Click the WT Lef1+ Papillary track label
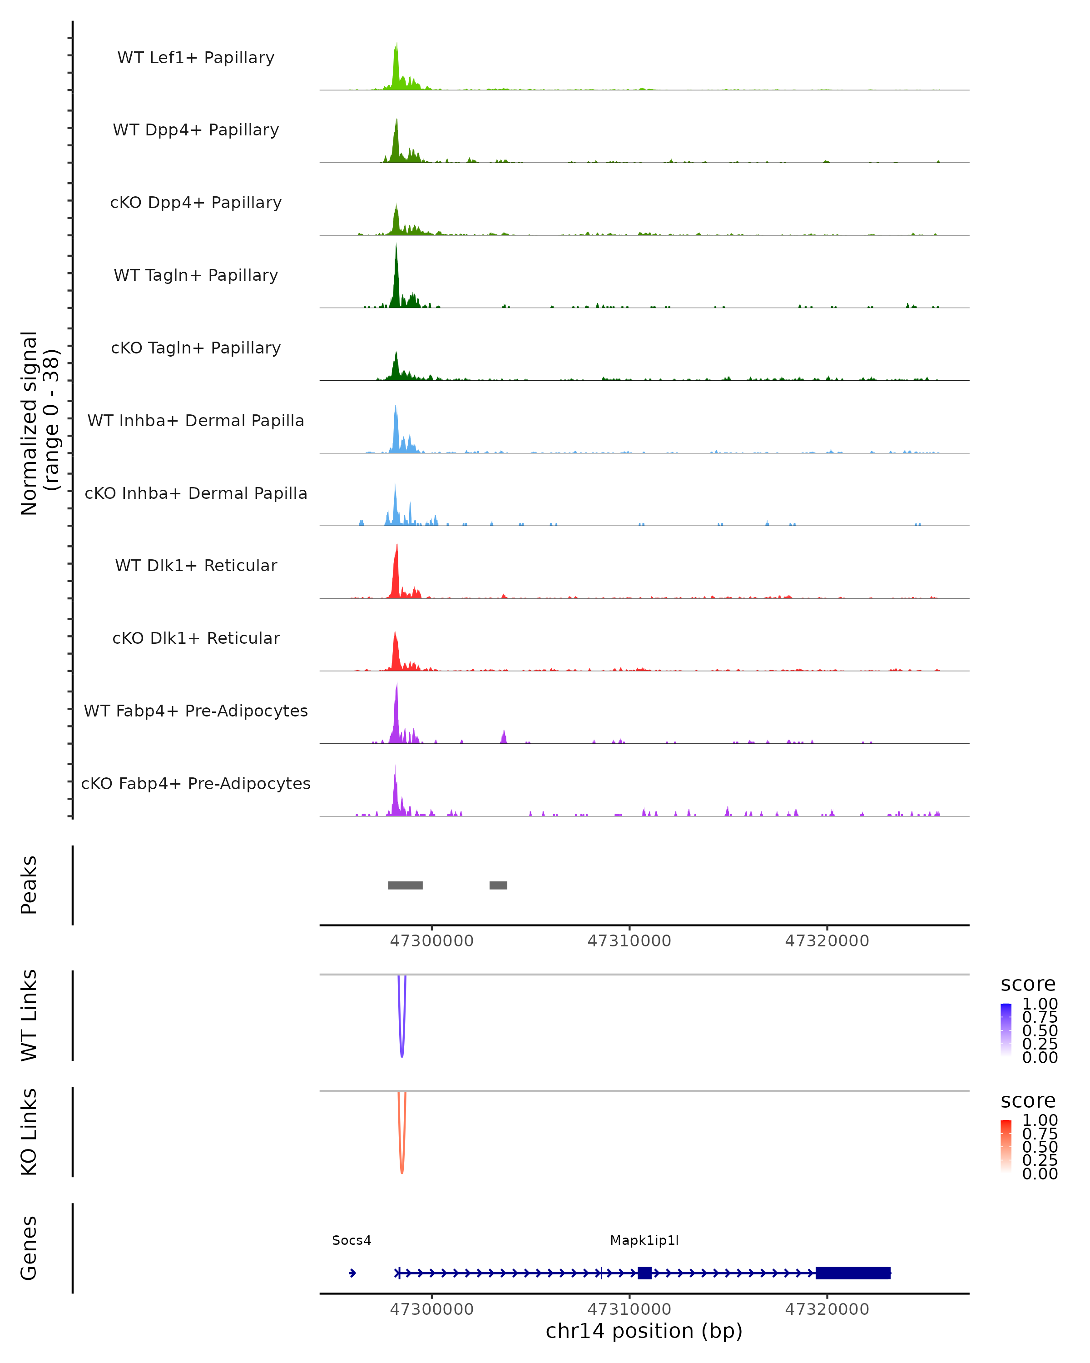point(196,58)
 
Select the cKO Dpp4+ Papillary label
point(196,203)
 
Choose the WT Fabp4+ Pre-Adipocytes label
point(196,711)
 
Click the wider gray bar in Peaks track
point(405,885)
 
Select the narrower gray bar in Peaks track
point(498,885)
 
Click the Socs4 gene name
point(352,1240)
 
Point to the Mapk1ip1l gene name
point(644,1240)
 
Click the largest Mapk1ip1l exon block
point(853,1273)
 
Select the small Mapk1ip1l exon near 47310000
point(644,1273)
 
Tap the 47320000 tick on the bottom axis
point(827,1309)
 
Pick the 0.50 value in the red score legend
point(1040,1147)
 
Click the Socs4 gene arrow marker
point(352,1273)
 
